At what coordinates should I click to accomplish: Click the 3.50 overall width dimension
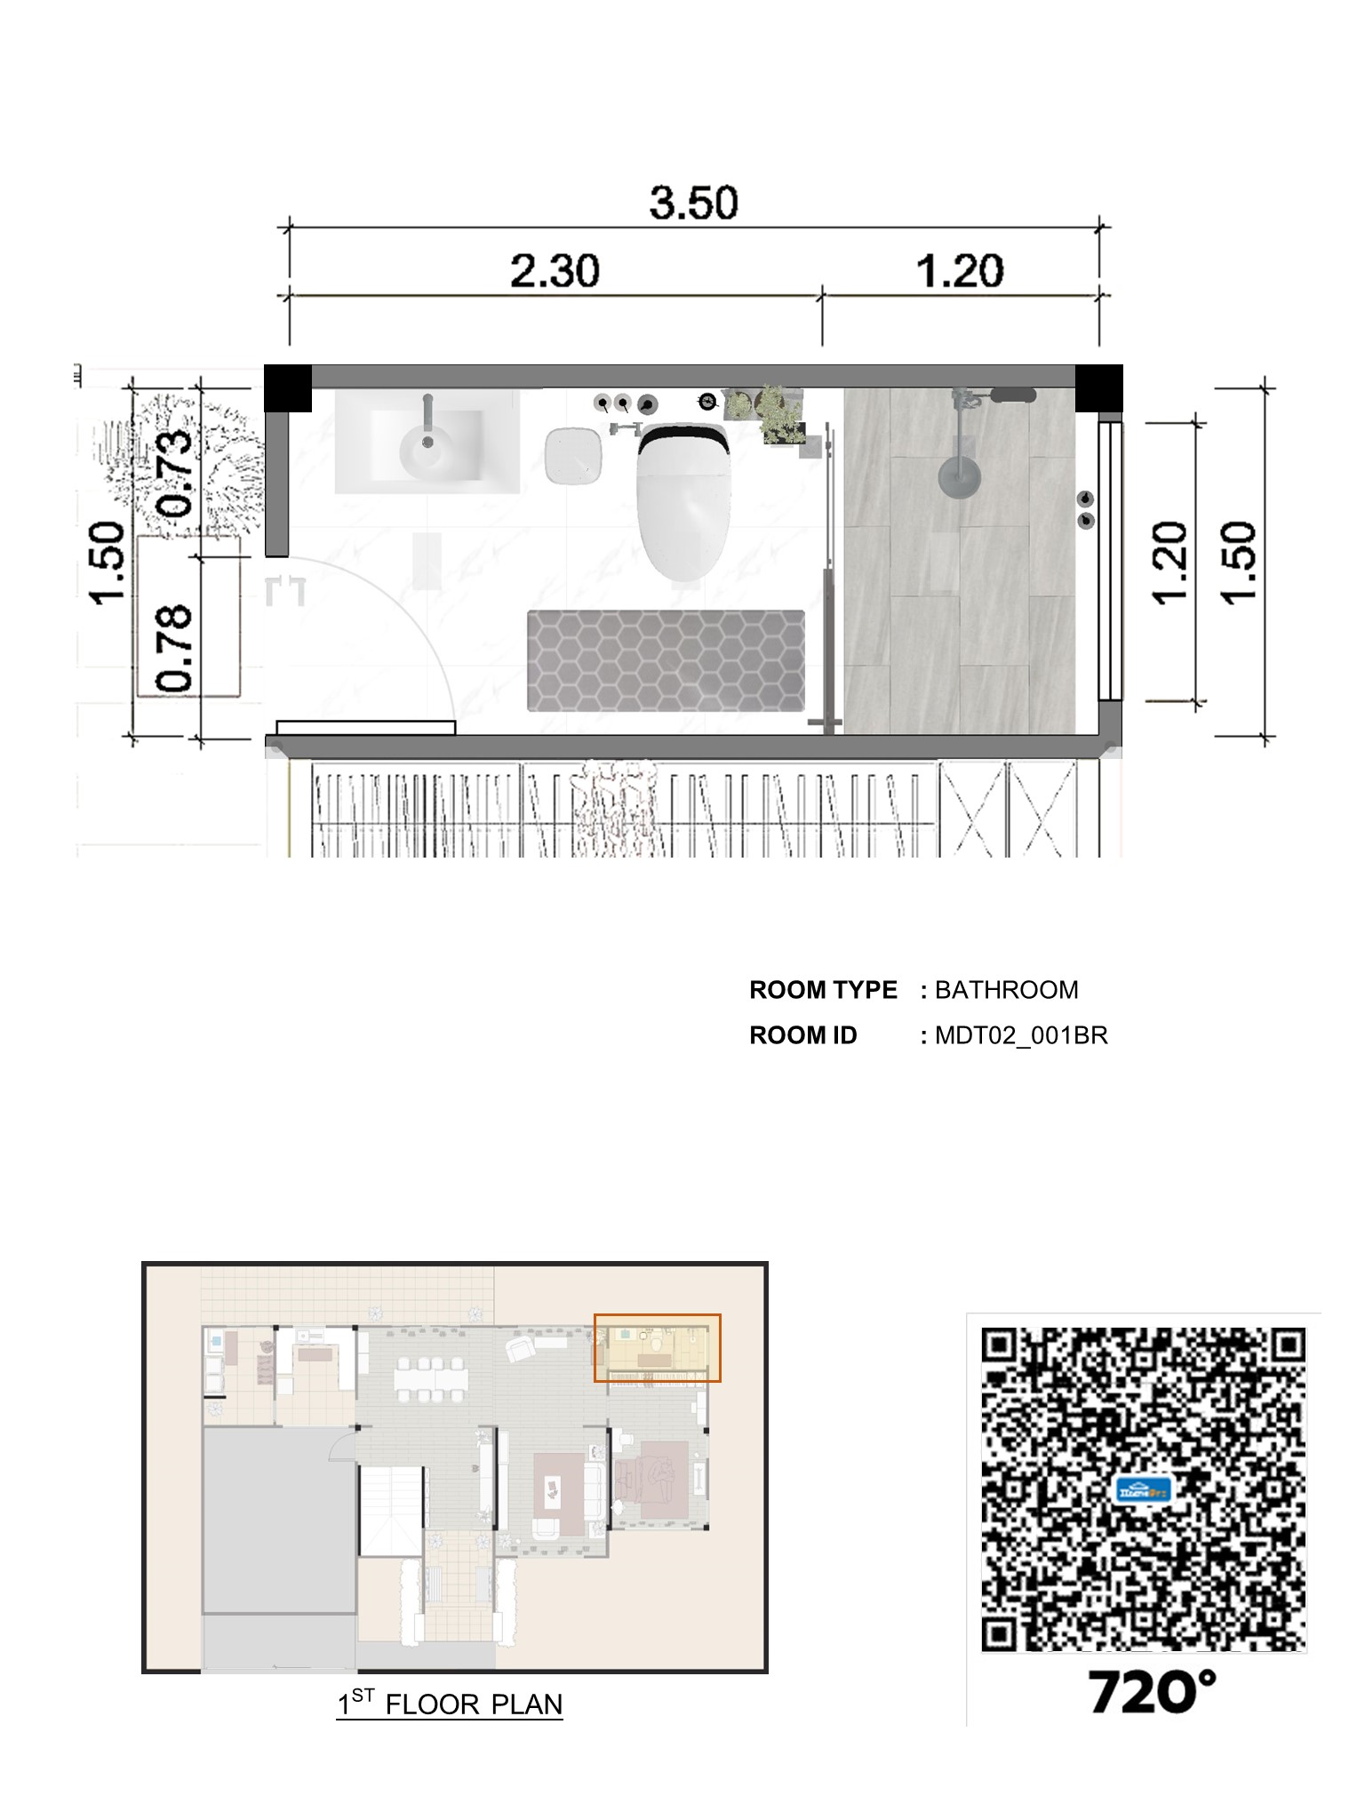pos(693,203)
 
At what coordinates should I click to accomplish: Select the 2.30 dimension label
pos(555,270)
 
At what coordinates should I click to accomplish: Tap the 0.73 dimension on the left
pos(174,472)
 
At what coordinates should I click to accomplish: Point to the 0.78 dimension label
pos(174,648)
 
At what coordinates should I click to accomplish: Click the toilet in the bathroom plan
pos(682,501)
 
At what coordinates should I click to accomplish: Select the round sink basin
pos(427,450)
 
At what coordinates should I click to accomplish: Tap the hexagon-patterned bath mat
pos(666,660)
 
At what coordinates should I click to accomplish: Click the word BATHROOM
pos(1006,990)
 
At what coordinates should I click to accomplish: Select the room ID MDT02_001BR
pos(1021,1036)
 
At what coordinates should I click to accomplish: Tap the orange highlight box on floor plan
pos(657,1348)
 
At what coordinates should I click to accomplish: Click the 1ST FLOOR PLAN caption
pos(450,1704)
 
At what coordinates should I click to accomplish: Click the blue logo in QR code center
pos(1143,1489)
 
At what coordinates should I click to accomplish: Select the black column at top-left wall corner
pos(288,388)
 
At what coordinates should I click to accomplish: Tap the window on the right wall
pos(1110,561)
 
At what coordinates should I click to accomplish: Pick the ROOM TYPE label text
pos(823,990)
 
